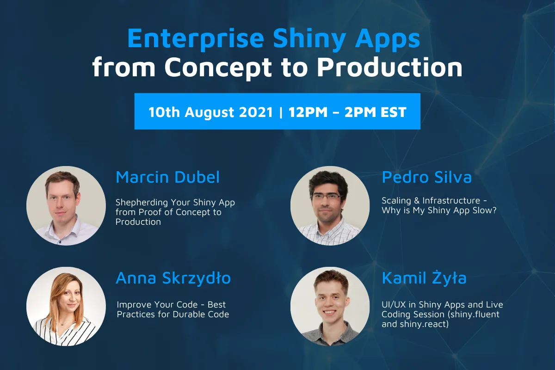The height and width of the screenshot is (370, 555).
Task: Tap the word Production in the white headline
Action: [x=390, y=67]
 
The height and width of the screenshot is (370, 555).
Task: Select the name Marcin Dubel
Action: [x=168, y=177]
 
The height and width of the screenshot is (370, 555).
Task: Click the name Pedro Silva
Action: [x=426, y=177]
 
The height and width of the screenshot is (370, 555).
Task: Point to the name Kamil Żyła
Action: [x=424, y=278]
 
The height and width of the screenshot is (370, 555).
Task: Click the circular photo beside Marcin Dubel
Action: [x=66, y=206]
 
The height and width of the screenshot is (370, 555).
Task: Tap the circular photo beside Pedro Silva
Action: [x=330, y=206]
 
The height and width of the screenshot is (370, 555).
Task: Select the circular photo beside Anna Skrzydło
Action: [x=66, y=306]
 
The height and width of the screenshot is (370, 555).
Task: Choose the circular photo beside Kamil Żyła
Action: [x=330, y=306]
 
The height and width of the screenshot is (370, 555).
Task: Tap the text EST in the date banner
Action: [x=394, y=112]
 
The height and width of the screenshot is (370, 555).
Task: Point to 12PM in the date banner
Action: [x=308, y=112]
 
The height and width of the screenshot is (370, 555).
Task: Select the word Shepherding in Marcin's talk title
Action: [x=142, y=203]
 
